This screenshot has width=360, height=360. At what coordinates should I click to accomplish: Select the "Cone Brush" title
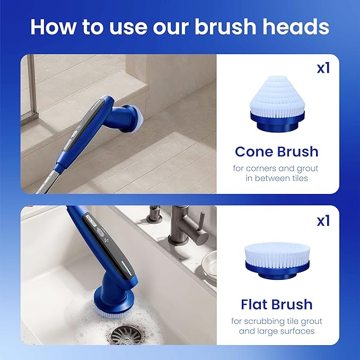[x=277, y=152]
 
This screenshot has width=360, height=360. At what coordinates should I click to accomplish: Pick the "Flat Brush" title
[x=276, y=305]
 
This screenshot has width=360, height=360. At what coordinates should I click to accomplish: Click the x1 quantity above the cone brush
[x=323, y=68]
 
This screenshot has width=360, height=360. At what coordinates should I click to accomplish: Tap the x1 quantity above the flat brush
[x=323, y=221]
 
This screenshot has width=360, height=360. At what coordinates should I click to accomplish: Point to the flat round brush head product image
[x=277, y=254]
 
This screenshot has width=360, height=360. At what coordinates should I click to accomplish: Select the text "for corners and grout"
[x=277, y=169]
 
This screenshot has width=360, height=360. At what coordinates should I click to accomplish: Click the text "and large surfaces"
[x=277, y=331]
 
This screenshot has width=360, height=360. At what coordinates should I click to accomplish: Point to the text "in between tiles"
[x=277, y=179]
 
